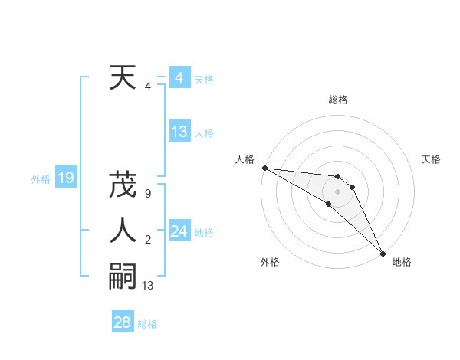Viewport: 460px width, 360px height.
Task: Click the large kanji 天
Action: pyautogui.click(x=123, y=78)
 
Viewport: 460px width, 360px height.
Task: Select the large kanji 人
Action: pyautogui.click(x=123, y=231)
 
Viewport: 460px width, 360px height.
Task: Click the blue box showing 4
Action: pyautogui.click(x=179, y=78)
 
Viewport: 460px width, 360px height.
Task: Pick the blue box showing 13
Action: pyautogui.click(x=179, y=132)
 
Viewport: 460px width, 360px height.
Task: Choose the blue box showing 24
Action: pyautogui.click(x=179, y=231)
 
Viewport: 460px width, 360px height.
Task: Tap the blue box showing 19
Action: pyautogui.click(x=65, y=178)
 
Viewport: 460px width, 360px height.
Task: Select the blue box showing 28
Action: pyautogui.click(x=123, y=322)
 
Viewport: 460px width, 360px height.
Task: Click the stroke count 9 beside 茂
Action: pyautogui.click(x=148, y=194)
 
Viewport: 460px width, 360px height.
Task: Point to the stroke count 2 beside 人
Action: pyautogui.click(x=148, y=241)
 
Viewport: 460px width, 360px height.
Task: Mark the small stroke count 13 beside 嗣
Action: pyautogui.click(x=148, y=286)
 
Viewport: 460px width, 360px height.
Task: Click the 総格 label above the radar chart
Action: pyautogui.click(x=338, y=100)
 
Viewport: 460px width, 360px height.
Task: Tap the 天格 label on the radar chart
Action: pyautogui.click(x=431, y=159)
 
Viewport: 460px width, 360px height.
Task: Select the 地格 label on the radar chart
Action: pyautogui.click(x=402, y=263)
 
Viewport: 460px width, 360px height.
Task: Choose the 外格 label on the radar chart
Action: pyautogui.click(x=269, y=263)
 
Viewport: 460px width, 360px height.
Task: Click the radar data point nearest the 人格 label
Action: pyautogui.click(x=264, y=167)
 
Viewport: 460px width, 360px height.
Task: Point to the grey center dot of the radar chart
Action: pyautogui.click(x=338, y=191)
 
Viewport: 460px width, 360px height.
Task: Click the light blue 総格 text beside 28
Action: pyautogui.click(x=147, y=324)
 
